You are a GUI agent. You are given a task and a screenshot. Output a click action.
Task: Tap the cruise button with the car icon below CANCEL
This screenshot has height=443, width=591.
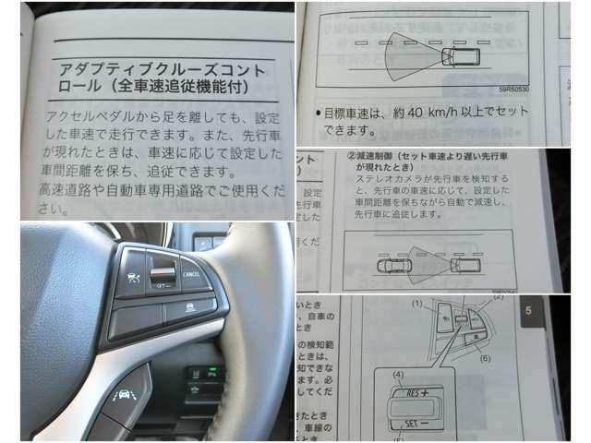[x=189, y=305]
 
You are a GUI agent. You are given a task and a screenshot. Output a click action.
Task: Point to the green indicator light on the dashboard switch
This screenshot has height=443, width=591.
[x=214, y=373]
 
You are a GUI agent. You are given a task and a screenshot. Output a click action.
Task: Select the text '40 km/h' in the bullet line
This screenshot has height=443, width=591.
[x=427, y=113]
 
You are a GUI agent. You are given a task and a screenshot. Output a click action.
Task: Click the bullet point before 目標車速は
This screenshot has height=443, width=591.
[x=315, y=113]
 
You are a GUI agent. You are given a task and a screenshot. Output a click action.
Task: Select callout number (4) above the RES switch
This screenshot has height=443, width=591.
[x=400, y=375]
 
